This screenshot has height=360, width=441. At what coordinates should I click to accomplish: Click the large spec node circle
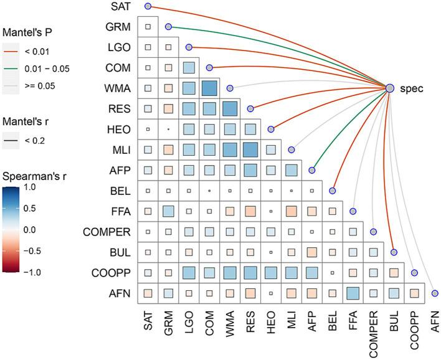[390, 88]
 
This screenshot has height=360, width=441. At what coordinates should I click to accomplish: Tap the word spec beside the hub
[412, 88]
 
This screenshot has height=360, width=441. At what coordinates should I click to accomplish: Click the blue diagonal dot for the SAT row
[148, 6]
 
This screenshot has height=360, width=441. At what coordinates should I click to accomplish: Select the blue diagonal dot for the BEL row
[333, 191]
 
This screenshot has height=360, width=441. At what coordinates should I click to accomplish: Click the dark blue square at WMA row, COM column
[209, 88]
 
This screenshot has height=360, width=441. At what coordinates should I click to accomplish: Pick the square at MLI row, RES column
[250, 149]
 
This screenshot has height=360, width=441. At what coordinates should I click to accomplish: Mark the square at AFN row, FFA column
[353, 293]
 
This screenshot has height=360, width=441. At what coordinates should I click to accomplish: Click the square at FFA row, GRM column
[169, 211]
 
